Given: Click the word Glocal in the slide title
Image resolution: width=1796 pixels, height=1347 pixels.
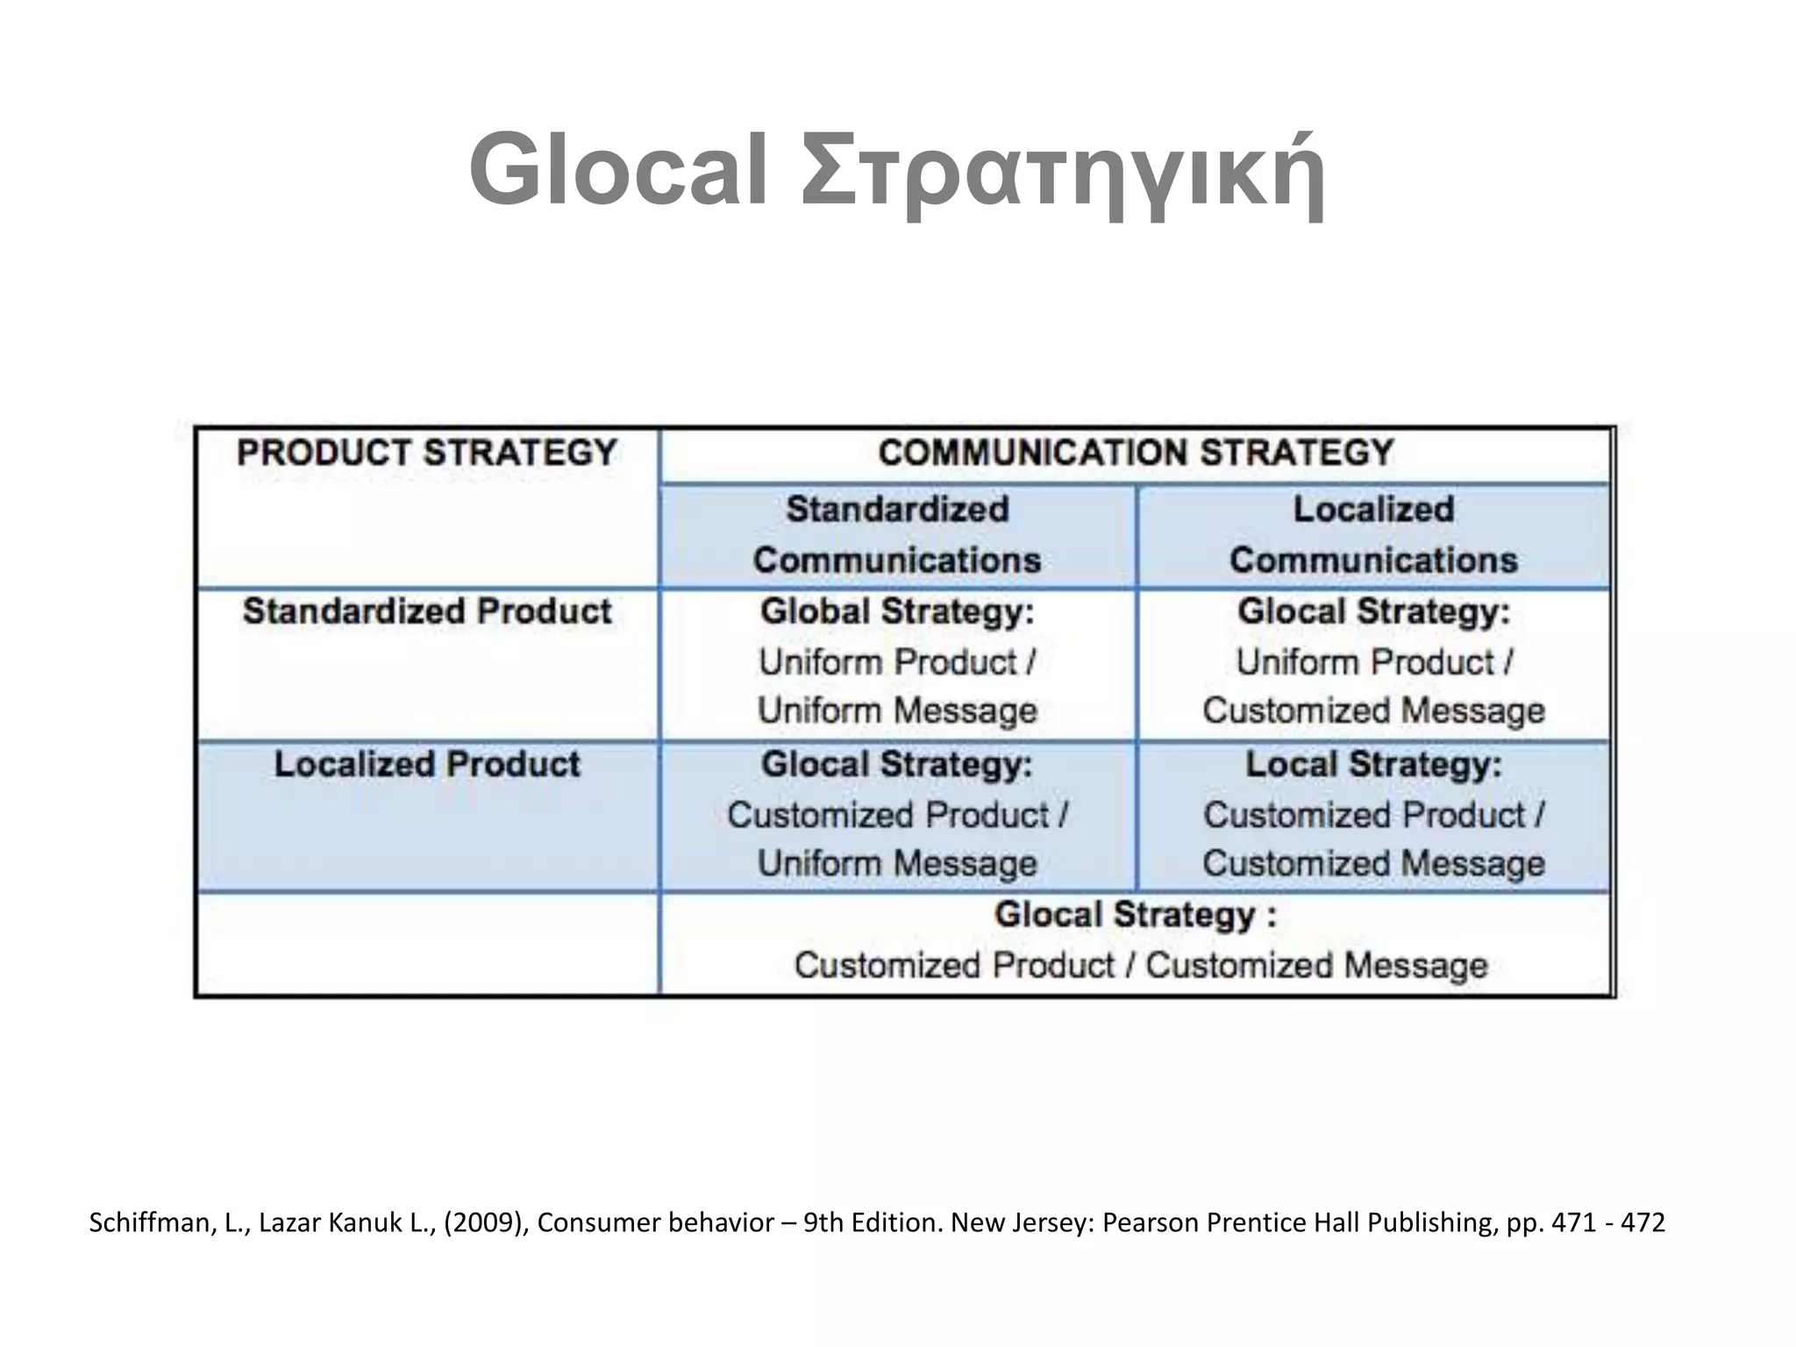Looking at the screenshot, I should tap(618, 169).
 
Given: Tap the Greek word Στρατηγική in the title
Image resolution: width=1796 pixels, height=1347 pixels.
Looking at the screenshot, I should tap(1062, 171).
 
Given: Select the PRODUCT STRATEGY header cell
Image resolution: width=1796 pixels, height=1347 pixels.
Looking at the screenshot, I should tap(427, 453).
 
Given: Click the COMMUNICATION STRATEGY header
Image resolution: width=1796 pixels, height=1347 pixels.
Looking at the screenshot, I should tap(1136, 453).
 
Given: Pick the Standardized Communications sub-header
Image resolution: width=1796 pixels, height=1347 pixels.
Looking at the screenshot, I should tap(897, 534).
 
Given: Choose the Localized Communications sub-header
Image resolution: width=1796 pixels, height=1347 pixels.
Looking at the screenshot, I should tap(1373, 534).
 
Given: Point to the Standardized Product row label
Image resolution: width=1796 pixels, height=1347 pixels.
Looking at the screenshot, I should tap(427, 611).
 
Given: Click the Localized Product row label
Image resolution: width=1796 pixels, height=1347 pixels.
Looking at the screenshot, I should tap(427, 764).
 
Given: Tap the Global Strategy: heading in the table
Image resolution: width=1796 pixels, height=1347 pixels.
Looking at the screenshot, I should tap(897, 611).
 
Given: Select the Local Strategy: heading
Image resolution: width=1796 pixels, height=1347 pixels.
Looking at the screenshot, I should tap(1373, 764).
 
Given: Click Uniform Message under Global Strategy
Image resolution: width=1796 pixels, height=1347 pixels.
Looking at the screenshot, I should tap(897, 710).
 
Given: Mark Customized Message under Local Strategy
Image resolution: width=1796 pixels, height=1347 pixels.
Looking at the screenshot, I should tap(1373, 863).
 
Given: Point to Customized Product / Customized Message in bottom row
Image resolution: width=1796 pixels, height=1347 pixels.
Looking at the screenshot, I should tap(1141, 966).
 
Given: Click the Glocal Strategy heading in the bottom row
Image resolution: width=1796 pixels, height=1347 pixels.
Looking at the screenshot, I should tap(1136, 916).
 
